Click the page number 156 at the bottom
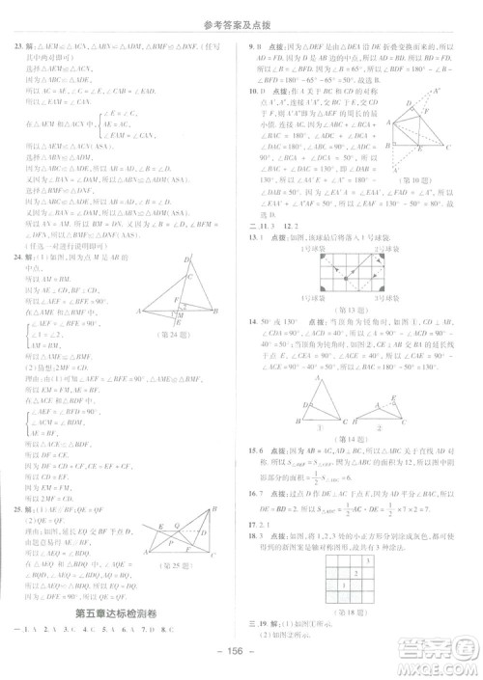[x=241, y=648]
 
